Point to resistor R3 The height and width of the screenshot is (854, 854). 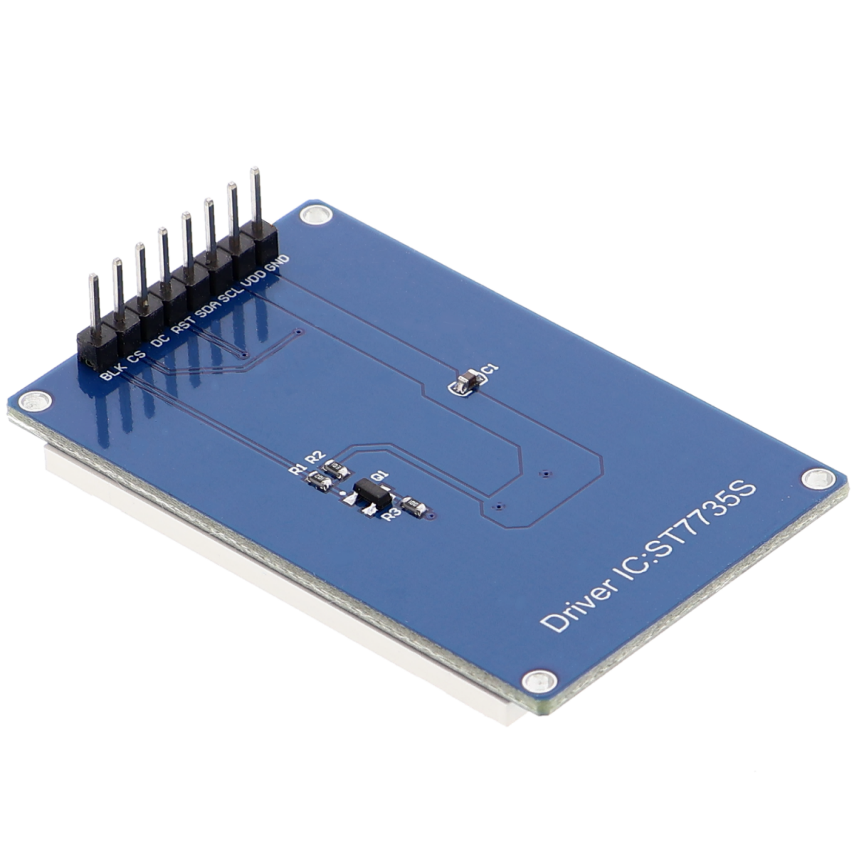(413, 506)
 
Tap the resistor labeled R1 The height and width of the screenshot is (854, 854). (318, 483)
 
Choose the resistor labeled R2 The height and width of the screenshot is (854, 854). (335, 468)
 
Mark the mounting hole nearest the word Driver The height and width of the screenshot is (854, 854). (534, 681)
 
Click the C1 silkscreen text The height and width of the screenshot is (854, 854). (490, 368)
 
